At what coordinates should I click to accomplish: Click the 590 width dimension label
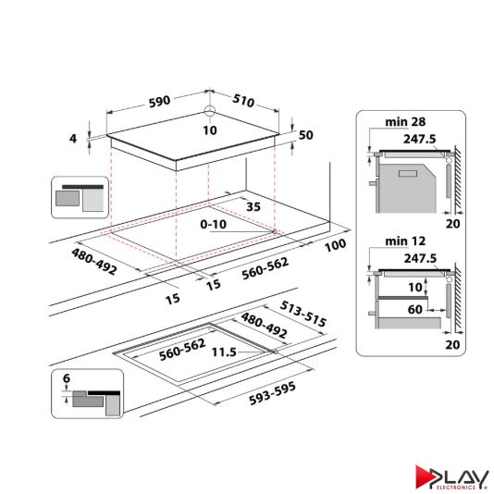(158, 102)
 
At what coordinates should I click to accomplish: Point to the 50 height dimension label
(306, 135)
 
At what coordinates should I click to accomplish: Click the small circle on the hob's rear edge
(209, 113)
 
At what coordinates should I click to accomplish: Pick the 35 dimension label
(254, 207)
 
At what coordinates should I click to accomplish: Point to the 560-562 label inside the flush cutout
(180, 352)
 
